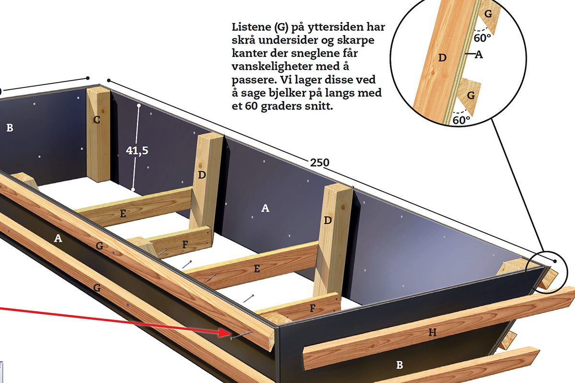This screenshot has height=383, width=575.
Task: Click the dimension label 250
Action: (x=320, y=163)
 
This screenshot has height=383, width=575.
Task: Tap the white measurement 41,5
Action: (x=137, y=151)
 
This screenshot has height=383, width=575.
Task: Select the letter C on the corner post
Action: (x=97, y=120)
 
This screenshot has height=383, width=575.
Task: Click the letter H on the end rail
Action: (x=433, y=333)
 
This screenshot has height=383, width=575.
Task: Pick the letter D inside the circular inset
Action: (x=442, y=58)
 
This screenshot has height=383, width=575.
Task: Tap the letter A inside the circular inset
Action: (x=479, y=55)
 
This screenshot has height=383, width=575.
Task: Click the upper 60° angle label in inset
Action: (x=483, y=38)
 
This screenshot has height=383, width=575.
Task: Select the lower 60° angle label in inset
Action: (x=461, y=120)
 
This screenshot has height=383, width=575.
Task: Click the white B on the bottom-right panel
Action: (x=400, y=365)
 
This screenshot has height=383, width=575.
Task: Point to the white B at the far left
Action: (x=10, y=128)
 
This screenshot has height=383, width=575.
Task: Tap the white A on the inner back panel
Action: (x=265, y=208)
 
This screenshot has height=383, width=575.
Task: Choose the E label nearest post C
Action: (x=123, y=214)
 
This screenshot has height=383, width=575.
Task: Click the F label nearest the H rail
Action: (x=312, y=308)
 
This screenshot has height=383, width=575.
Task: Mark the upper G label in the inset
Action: (x=488, y=13)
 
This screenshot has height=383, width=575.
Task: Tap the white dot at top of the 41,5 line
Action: (x=139, y=105)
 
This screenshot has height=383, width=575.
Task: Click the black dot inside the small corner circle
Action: (x=555, y=261)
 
